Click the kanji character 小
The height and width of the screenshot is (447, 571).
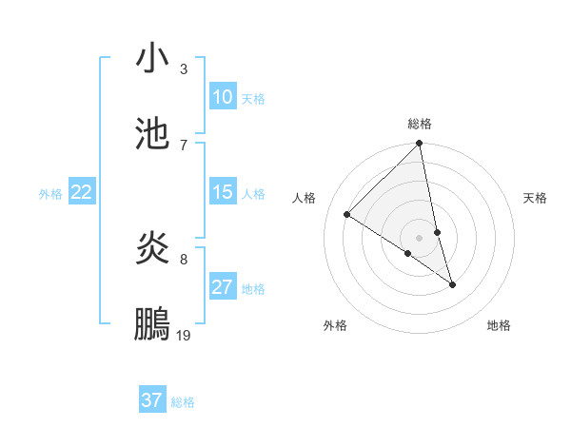(153, 60)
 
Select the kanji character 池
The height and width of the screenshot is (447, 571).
(153, 134)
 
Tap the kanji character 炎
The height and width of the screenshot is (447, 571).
(153, 249)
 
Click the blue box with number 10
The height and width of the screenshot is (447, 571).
(222, 97)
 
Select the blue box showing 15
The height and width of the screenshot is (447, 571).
(222, 193)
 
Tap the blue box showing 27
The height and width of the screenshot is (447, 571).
(222, 287)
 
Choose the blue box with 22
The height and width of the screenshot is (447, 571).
(81, 193)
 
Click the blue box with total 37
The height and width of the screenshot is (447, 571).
(152, 400)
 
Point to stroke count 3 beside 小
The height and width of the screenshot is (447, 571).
(184, 69)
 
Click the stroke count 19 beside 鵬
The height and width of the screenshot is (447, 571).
(184, 335)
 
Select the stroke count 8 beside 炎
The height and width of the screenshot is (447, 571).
(184, 259)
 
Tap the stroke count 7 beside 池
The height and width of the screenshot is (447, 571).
(184, 145)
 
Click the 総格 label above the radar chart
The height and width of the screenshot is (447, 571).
(420, 124)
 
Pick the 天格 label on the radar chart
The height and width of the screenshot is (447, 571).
(536, 198)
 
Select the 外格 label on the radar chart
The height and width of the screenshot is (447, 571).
(335, 325)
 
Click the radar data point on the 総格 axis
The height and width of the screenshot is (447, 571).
(420, 145)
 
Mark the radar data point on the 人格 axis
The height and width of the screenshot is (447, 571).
(347, 214)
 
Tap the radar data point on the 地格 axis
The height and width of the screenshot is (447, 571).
(453, 284)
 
